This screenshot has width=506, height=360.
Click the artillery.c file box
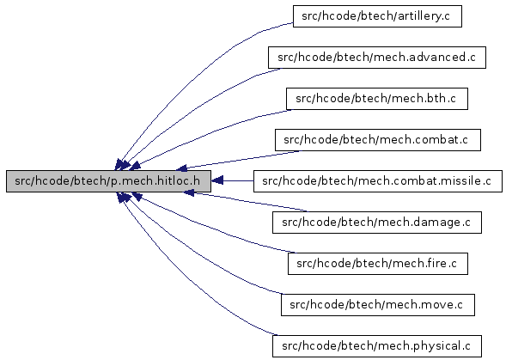click(377, 16)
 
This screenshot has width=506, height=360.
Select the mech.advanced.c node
click(377, 58)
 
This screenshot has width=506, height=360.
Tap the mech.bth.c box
click(377, 99)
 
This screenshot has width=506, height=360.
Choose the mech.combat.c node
click(377, 140)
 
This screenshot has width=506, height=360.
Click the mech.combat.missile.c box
click(377, 181)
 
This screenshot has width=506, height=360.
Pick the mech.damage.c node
click(377, 223)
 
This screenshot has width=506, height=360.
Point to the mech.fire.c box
click(377, 264)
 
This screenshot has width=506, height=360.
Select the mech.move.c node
click(377, 305)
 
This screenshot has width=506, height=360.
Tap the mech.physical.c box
click(377, 346)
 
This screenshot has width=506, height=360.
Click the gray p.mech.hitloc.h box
click(108, 181)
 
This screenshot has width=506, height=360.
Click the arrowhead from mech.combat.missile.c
click(216, 181)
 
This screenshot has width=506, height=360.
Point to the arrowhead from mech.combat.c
click(181, 168)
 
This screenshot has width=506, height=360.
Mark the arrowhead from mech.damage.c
click(189, 193)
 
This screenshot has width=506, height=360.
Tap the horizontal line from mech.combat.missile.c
click(238, 181)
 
